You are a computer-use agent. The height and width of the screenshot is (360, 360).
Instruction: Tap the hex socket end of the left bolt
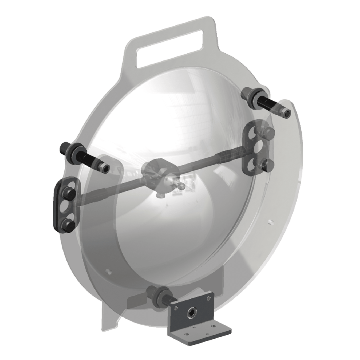[x=105, y=170]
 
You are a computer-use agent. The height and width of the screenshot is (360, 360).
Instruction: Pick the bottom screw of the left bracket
[x=68, y=226]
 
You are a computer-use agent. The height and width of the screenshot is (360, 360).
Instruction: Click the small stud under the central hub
[x=160, y=195]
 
